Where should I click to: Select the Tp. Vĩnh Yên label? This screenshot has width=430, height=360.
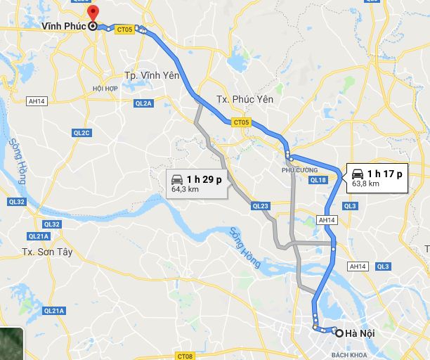[152, 75]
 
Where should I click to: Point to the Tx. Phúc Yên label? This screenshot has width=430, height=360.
[245, 98]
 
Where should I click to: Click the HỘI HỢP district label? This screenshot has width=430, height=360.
[105, 89]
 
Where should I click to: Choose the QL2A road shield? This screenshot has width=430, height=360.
[143, 103]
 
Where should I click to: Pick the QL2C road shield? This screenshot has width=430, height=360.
[82, 132]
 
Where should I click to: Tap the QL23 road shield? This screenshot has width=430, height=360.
[260, 206]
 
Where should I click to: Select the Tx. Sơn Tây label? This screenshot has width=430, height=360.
[47, 252]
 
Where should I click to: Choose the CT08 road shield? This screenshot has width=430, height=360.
[185, 356]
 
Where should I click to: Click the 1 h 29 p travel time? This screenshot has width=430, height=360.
[204, 179]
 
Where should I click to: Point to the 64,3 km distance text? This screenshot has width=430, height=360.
[186, 190]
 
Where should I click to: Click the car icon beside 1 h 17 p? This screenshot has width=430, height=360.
[357, 174]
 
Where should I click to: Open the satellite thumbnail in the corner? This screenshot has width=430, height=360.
[11, 344]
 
